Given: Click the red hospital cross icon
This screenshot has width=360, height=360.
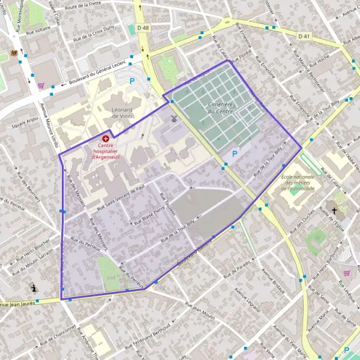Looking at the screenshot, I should point(106,138).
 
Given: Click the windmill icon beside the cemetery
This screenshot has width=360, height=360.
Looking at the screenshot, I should point(174,119).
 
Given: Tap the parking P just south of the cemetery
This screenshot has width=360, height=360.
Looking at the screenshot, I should point(235,154).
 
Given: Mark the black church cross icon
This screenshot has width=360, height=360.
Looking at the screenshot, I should point(334,211).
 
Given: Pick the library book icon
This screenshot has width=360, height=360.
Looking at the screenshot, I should point(14,53).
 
